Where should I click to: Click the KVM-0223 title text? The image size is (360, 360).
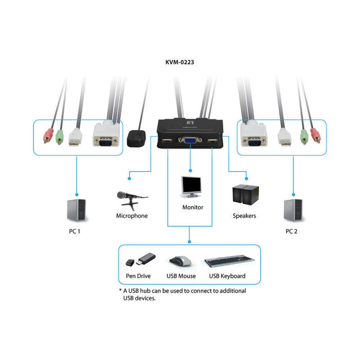(x=179, y=63)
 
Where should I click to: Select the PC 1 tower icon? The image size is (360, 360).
(x=75, y=211)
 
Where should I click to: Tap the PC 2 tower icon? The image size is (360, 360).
(x=292, y=211)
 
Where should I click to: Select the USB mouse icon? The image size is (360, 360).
(x=181, y=261)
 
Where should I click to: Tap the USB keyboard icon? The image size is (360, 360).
(x=227, y=262)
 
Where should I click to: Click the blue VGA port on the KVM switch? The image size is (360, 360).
(x=189, y=140)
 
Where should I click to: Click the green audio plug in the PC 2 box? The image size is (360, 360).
(x=304, y=136)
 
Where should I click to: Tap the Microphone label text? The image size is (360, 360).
(x=132, y=216)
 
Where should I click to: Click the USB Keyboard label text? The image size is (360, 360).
(x=227, y=276)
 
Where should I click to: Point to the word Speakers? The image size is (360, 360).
(x=244, y=216)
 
